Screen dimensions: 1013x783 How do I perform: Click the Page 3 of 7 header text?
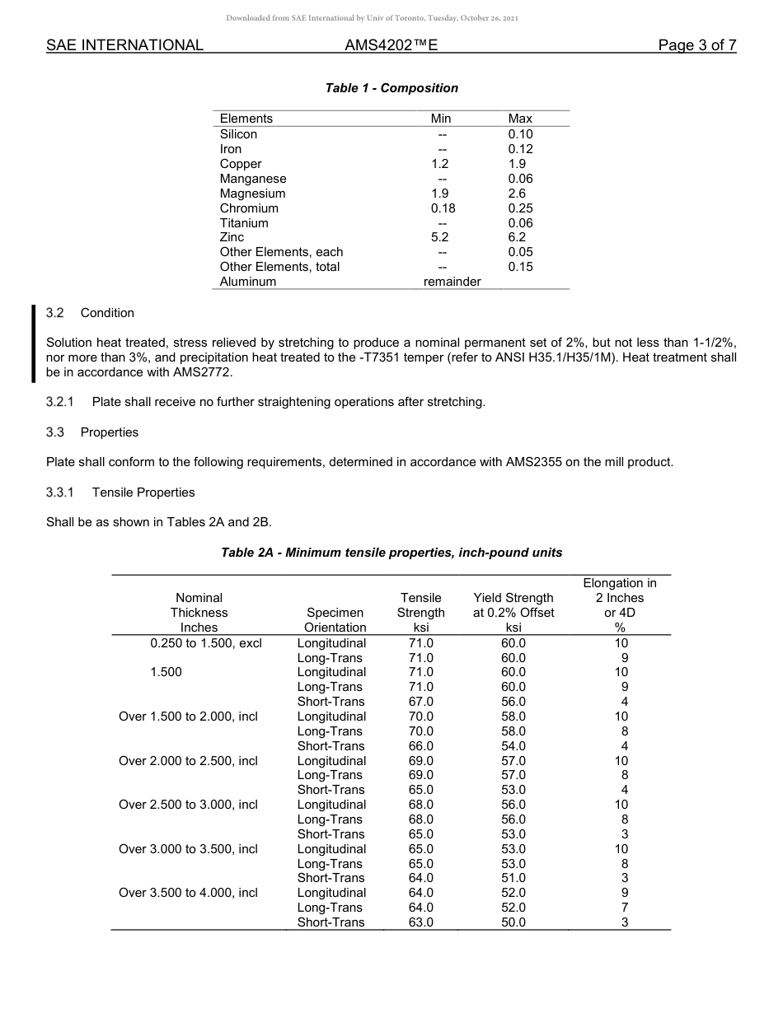tap(696, 45)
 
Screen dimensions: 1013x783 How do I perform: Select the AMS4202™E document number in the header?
tap(391, 45)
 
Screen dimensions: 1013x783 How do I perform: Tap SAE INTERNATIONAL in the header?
tap(124, 45)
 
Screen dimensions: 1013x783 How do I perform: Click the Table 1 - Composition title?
tap(391, 88)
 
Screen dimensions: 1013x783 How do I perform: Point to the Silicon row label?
tap(238, 134)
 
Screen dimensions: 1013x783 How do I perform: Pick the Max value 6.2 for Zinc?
tap(517, 237)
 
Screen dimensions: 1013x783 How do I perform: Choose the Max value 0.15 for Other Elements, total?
tap(520, 267)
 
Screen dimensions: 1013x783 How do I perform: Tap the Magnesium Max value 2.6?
tap(517, 194)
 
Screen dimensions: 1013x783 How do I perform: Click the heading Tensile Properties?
tap(143, 492)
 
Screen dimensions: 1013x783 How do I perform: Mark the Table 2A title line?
tap(391, 553)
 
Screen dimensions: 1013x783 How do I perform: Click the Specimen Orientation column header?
tap(335, 620)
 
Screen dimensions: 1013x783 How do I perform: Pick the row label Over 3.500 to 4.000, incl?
tap(188, 893)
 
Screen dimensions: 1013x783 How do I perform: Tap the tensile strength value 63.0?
tap(420, 922)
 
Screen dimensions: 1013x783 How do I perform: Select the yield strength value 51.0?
tap(513, 878)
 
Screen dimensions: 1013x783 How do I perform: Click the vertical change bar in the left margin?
tap(34, 343)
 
